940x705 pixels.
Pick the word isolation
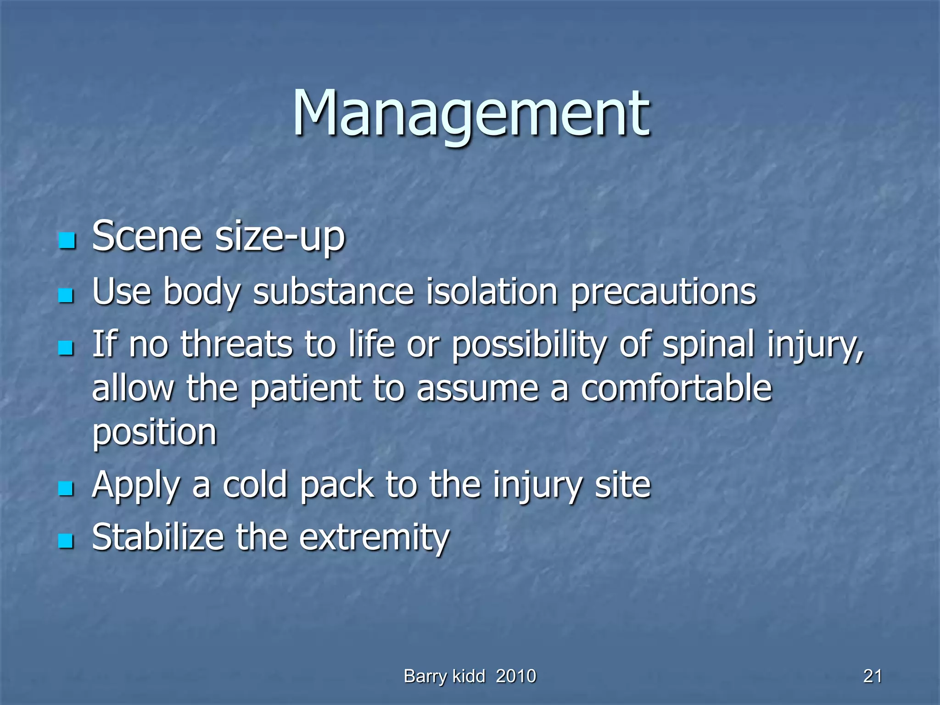tap(492, 292)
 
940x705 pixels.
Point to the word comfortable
tap(676, 388)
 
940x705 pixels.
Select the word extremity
tap(374, 538)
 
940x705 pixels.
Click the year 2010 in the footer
tap(516, 676)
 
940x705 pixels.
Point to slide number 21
tap(872, 676)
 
